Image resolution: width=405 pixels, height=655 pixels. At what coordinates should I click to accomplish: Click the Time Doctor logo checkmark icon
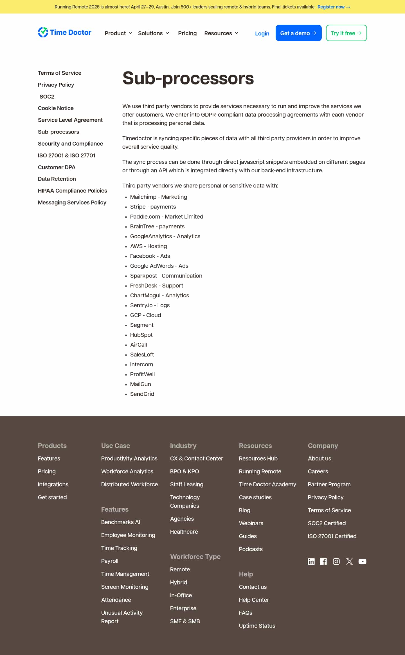coord(43,32)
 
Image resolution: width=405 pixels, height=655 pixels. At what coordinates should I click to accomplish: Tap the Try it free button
coord(346,33)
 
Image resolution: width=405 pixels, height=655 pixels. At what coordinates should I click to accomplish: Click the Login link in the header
coord(262,34)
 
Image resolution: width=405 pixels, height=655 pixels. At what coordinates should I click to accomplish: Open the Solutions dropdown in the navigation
coord(154,33)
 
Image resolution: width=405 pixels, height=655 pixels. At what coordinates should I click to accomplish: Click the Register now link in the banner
coord(334,7)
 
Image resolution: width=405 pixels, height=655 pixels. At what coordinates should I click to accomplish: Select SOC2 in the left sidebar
coord(47,97)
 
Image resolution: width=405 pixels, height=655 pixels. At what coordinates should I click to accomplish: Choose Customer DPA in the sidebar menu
coord(57,167)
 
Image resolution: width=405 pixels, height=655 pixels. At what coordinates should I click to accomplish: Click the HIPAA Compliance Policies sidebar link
coord(72,191)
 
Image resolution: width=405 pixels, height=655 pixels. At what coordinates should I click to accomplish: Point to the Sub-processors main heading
coord(188,78)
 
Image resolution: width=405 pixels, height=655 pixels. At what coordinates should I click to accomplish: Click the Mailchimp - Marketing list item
coord(158,197)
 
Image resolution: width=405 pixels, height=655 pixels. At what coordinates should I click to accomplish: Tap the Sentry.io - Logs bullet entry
coord(150,305)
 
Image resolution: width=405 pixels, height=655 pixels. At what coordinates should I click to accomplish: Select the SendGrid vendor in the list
coord(142,394)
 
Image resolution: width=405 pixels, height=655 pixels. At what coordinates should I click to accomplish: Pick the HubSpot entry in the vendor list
coord(141,335)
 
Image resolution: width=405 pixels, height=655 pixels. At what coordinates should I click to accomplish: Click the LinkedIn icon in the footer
coord(311,562)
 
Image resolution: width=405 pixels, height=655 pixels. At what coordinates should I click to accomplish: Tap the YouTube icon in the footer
coord(362,562)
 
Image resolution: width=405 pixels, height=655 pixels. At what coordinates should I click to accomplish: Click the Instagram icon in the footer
coord(336,562)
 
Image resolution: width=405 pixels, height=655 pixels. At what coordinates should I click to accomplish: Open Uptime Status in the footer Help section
coord(257,626)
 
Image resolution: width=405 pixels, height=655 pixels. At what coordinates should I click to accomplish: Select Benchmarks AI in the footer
coord(120,522)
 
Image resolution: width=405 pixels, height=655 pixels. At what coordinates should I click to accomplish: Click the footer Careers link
coord(318,471)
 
